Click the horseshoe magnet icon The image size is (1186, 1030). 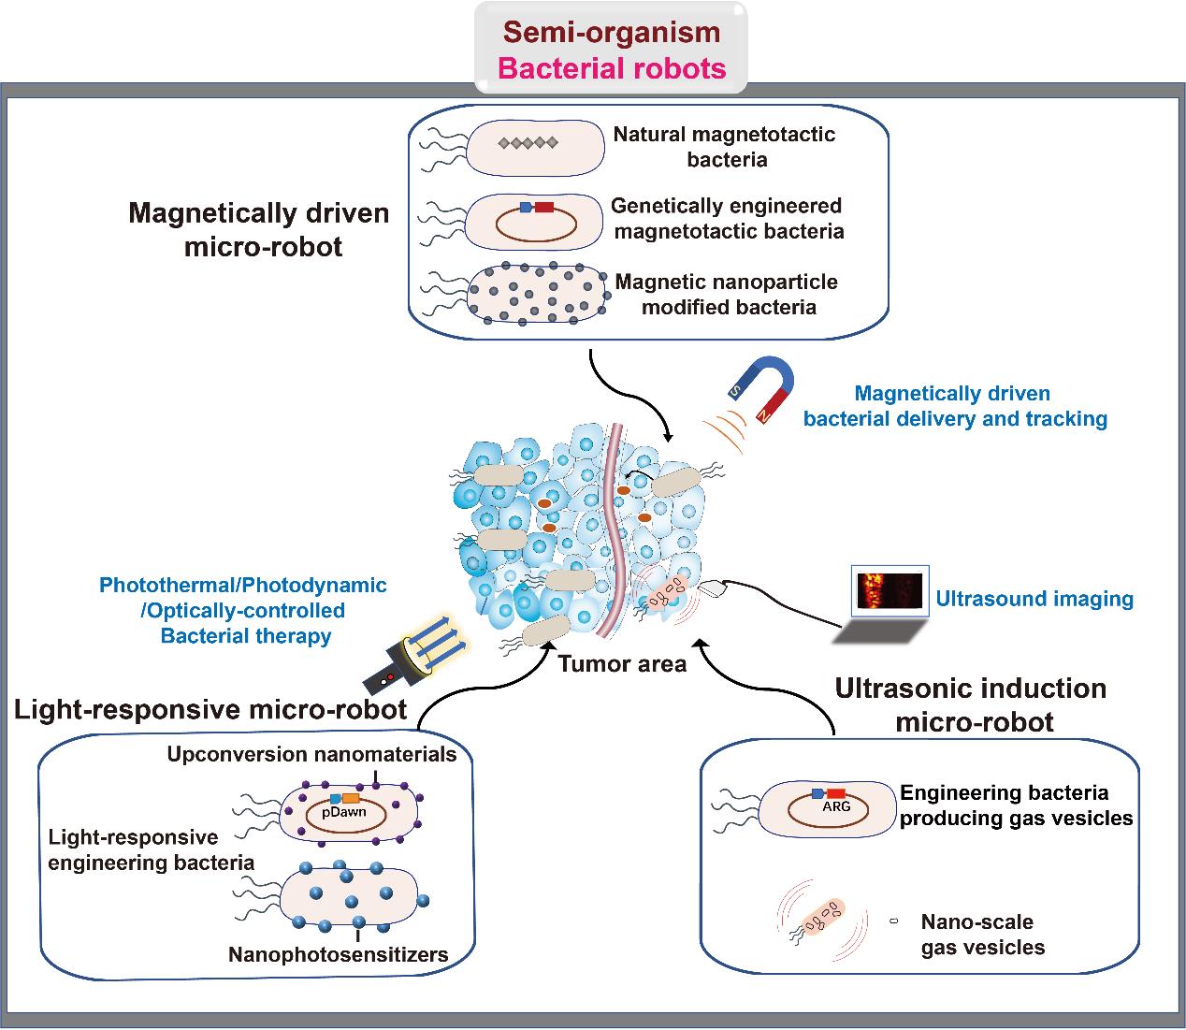tap(764, 387)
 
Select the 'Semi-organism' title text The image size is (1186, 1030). tap(612, 32)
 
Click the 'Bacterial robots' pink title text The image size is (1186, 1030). tap(612, 68)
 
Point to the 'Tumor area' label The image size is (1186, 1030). tap(622, 664)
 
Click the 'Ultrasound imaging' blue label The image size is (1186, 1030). tap(1034, 599)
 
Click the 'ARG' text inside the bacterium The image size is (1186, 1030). tap(835, 806)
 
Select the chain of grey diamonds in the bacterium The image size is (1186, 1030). tap(528, 143)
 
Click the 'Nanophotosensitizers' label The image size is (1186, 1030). tap(339, 955)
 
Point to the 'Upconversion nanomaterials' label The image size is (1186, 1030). tap(311, 754)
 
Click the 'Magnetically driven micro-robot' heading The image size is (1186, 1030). tap(259, 229)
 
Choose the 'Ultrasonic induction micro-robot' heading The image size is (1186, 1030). tap(970, 704)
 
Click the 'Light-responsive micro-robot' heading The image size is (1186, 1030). tap(210, 709)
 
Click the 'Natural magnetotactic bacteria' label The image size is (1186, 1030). tap(725, 146)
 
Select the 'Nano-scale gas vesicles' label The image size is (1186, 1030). tap(982, 934)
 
